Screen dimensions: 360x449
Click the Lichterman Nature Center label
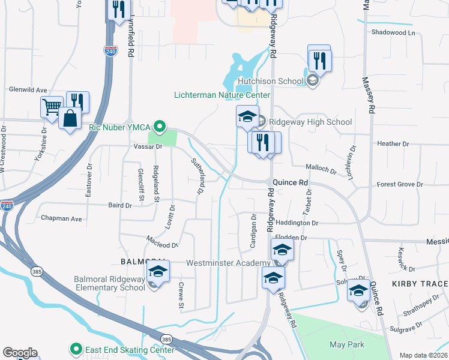(x=222, y=95)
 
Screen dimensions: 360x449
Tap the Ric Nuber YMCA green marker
(x=159, y=127)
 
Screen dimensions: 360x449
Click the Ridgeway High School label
(x=310, y=122)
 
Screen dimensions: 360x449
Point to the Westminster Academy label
(x=228, y=263)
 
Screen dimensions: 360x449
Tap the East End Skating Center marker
(x=76, y=348)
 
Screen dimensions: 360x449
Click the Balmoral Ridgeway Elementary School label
(x=109, y=283)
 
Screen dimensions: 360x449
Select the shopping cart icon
(x=52, y=107)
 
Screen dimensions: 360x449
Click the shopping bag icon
(x=70, y=118)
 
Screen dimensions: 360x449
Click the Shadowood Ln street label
(x=393, y=32)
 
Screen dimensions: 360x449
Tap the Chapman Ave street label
(x=61, y=219)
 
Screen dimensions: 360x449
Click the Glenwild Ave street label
(x=28, y=90)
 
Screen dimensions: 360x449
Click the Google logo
(x=20, y=353)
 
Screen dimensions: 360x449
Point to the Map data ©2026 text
(x=423, y=355)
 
